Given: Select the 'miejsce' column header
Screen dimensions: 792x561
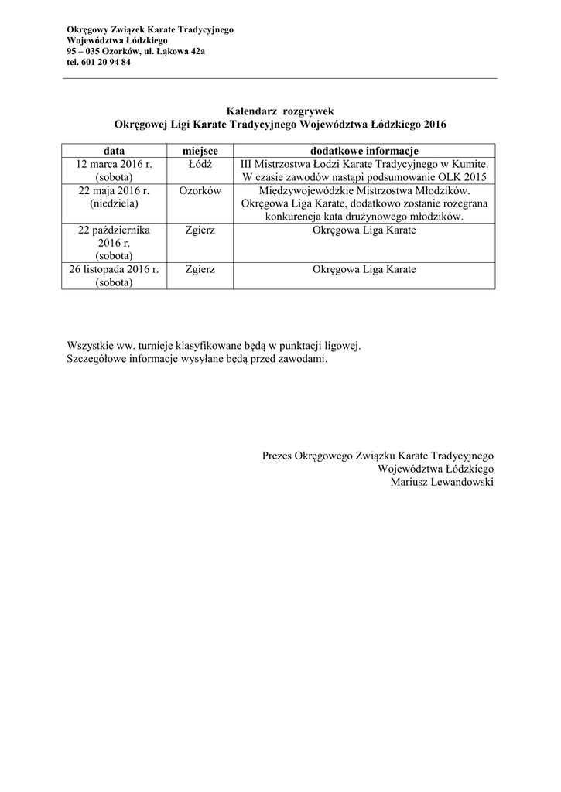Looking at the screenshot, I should [200, 150].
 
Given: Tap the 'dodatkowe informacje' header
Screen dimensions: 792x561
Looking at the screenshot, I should [364, 150].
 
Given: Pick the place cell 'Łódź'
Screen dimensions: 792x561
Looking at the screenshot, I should [200, 164].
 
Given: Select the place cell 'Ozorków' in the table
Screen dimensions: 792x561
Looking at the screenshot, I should [200, 190].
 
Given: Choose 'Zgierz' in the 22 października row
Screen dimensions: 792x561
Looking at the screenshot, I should [200, 230].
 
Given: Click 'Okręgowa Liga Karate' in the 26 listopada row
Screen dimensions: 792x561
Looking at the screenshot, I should [364, 270].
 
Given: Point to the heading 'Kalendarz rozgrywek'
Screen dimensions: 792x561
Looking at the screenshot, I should [280, 111].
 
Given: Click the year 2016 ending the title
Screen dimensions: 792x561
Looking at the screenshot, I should [435, 124].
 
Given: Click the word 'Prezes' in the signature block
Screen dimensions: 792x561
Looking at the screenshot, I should [278, 456].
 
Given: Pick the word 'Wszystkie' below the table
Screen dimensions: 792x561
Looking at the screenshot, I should [89, 346].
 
